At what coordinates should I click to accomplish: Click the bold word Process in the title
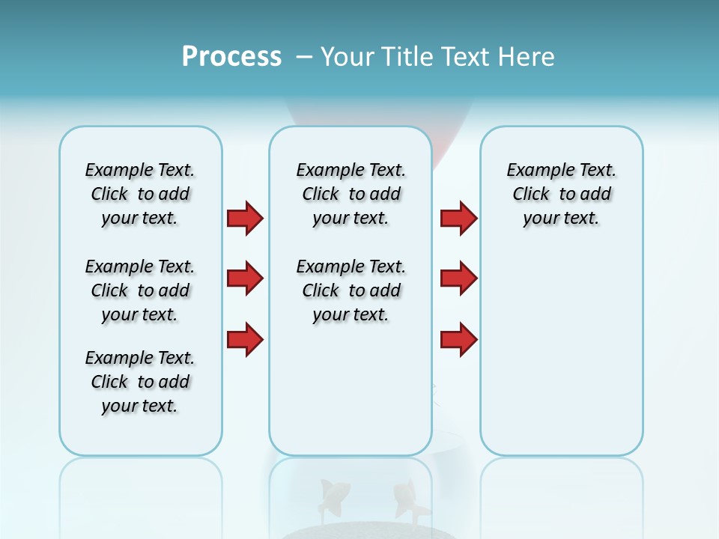(231, 57)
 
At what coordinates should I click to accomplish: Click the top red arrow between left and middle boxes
(245, 218)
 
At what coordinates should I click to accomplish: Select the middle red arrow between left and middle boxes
(245, 278)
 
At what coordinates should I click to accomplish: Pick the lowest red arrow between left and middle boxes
(245, 340)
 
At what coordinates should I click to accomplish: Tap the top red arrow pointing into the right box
(458, 218)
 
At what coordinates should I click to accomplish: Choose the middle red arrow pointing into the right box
(458, 278)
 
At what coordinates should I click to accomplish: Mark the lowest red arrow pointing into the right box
(458, 340)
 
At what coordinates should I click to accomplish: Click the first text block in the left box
(140, 194)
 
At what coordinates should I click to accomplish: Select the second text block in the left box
(140, 290)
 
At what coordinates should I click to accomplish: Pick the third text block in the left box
(140, 382)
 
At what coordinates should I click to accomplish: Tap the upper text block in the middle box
(351, 194)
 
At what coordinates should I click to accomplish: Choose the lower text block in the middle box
(351, 290)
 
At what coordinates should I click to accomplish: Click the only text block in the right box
(561, 194)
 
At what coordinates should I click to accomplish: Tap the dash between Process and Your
(304, 57)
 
